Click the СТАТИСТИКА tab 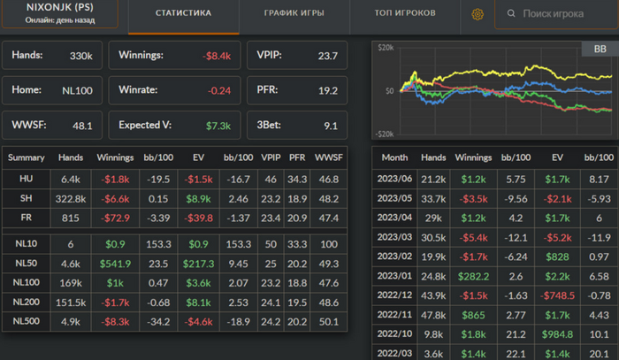click(x=183, y=14)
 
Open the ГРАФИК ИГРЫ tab click(x=294, y=14)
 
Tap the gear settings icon click(x=478, y=14)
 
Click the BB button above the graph click(x=593, y=50)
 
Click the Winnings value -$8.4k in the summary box click(x=217, y=56)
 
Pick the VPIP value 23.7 click(x=327, y=56)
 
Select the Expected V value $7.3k click(x=218, y=126)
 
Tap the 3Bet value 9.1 click(x=331, y=126)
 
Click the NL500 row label click(x=26, y=320)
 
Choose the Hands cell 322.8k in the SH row click(x=71, y=198)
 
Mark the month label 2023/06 click(x=395, y=179)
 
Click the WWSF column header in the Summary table click(x=329, y=157)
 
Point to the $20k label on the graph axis click(x=385, y=47)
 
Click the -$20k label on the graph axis click(x=383, y=134)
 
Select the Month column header click(x=394, y=157)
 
